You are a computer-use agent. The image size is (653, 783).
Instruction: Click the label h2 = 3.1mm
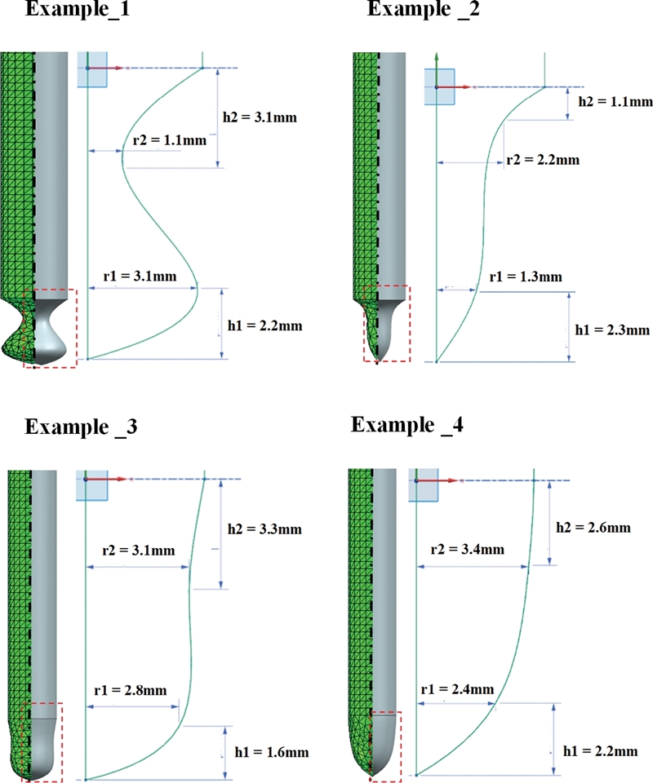(259, 117)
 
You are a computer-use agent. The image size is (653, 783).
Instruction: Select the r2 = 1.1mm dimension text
(169, 139)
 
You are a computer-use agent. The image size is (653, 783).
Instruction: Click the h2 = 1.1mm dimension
(615, 101)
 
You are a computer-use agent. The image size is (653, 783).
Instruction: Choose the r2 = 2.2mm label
(542, 159)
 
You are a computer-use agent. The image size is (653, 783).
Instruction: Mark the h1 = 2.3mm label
(611, 330)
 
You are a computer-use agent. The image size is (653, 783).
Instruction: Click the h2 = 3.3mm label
(266, 529)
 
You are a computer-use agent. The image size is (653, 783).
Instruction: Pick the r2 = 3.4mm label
(462, 549)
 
